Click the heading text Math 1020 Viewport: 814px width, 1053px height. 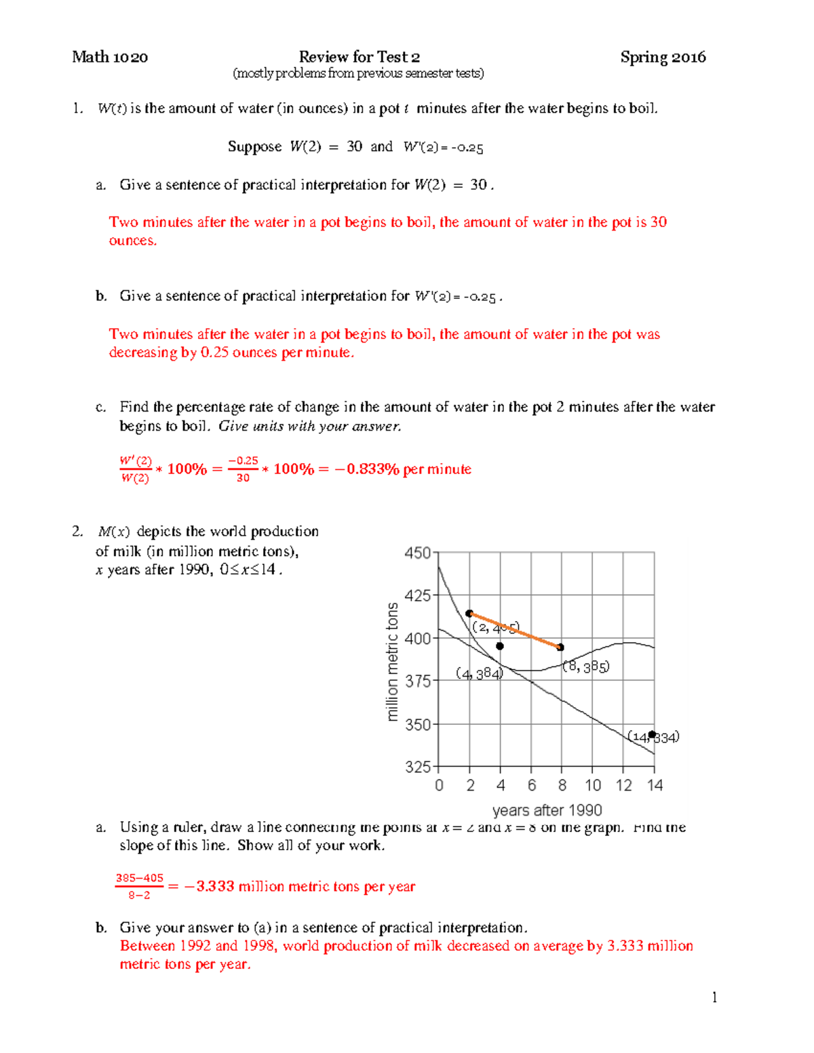click(110, 57)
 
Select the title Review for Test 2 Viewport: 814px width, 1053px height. click(359, 57)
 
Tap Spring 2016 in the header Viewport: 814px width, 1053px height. click(663, 57)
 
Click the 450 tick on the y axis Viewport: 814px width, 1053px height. click(417, 553)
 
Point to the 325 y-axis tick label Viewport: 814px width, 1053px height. click(417, 767)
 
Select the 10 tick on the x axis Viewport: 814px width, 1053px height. click(593, 785)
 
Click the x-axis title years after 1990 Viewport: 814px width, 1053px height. click(547, 810)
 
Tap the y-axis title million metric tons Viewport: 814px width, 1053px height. click(392, 662)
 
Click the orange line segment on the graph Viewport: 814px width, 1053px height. click(516, 631)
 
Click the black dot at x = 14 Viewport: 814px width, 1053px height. click(652, 734)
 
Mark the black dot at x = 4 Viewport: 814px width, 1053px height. click(500, 646)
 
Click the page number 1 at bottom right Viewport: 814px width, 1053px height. click(714, 997)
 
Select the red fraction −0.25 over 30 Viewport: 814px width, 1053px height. click(243, 469)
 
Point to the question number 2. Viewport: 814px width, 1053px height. click(77, 532)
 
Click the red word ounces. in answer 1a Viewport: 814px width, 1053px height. click(133, 241)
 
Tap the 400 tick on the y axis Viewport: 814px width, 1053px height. click(417, 639)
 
